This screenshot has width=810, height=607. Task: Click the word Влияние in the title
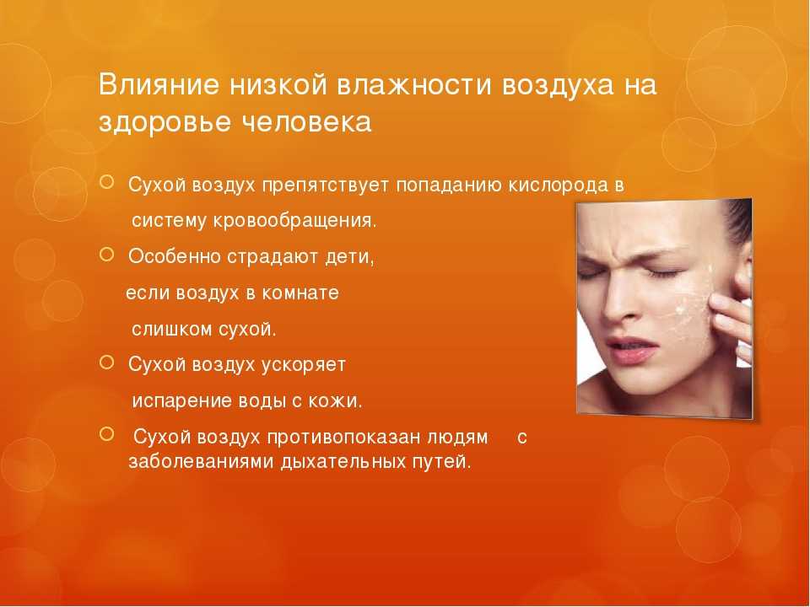pyautogui.click(x=159, y=84)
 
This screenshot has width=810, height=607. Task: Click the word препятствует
pyautogui.click(x=325, y=185)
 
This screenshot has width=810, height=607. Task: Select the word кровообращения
pyautogui.click(x=294, y=221)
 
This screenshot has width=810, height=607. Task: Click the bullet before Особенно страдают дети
pyautogui.click(x=107, y=254)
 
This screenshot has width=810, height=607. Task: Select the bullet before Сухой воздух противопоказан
pyautogui.click(x=107, y=434)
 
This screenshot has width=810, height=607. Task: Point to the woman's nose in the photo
pyautogui.click(x=618, y=299)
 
